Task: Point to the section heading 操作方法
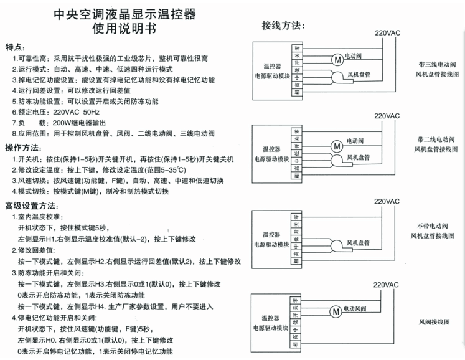point(23,148)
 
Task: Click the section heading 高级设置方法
point(31,206)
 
